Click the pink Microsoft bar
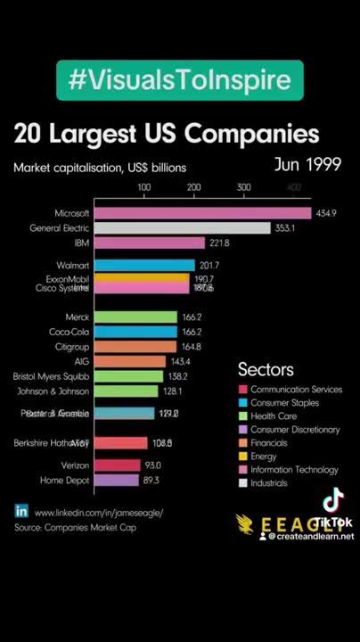(x=202, y=213)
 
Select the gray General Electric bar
(x=182, y=228)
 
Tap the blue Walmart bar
(x=144, y=265)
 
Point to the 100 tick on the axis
(x=143, y=187)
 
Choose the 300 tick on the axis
(x=243, y=187)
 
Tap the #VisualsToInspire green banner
(x=180, y=81)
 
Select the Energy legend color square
(x=242, y=456)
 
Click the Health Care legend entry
(x=281, y=416)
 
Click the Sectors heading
(x=266, y=369)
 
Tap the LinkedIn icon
(x=21, y=512)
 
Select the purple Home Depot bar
(x=116, y=481)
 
